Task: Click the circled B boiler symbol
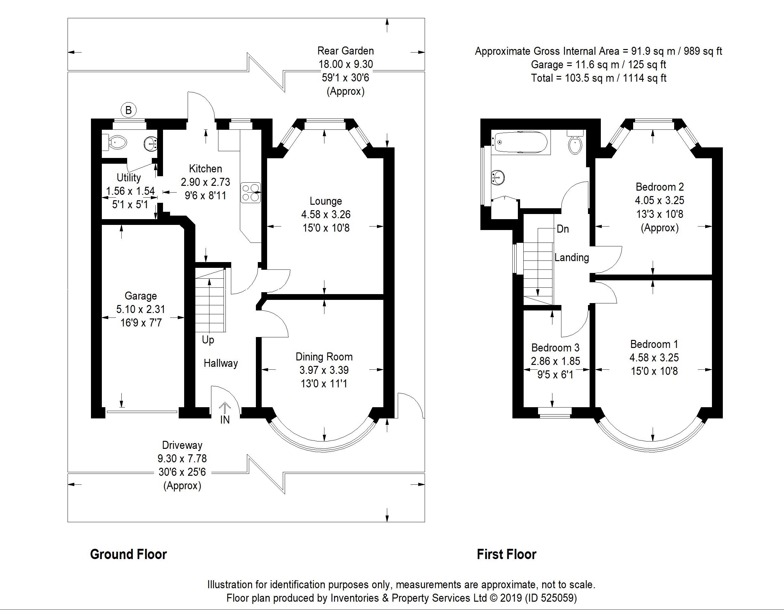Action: pyautogui.click(x=128, y=110)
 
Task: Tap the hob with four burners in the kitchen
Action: pyautogui.click(x=250, y=193)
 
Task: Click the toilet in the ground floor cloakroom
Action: pyautogui.click(x=116, y=143)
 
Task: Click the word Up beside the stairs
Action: pyautogui.click(x=208, y=340)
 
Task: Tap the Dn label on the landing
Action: pyautogui.click(x=562, y=229)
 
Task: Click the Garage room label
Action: pyautogui.click(x=141, y=296)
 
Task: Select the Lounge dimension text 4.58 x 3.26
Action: pyautogui.click(x=326, y=214)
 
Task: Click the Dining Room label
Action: pyautogui.click(x=324, y=357)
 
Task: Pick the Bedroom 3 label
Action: pyautogui.click(x=555, y=348)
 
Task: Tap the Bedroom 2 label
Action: pyautogui.click(x=659, y=187)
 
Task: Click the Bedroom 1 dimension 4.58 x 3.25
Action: pyautogui.click(x=654, y=358)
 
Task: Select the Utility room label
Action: pyautogui.click(x=128, y=177)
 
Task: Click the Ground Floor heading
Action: pyautogui.click(x=128, y=554)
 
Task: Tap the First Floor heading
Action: pyautogui.click(x=506, y=554)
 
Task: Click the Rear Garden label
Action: pyautogui.click(x=345, y=51)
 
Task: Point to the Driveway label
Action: pyautogui.click(x=182, y=445)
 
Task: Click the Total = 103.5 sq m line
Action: pyautogui.click(x=599, y=78)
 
